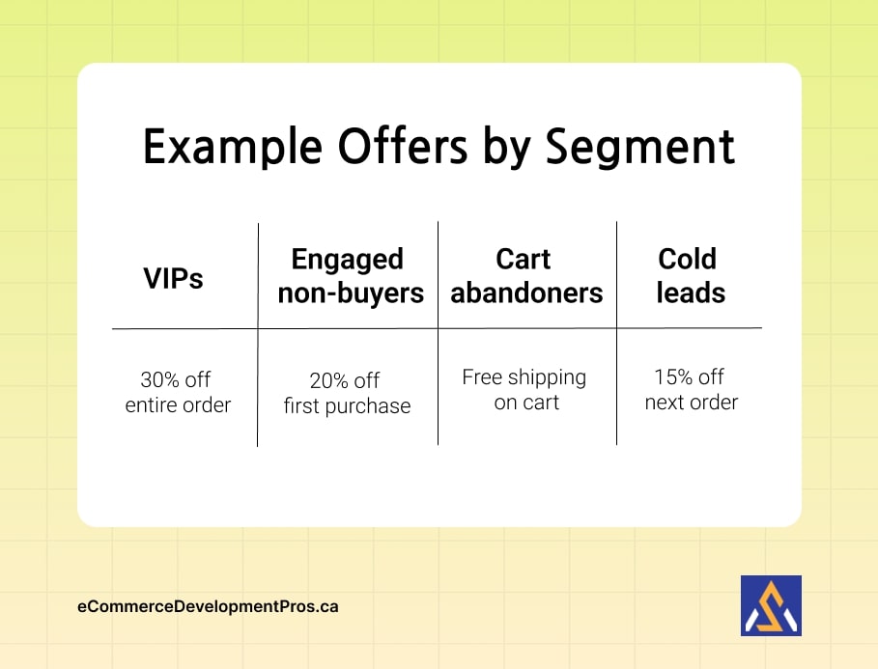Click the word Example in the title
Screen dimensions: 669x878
point(232,148)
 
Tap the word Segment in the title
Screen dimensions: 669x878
point(639,148)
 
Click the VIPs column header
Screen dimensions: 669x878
point(174,279)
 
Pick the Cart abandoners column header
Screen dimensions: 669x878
point(526,276)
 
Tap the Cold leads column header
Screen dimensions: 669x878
point(689,276)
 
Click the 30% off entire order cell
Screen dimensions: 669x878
point(178,392)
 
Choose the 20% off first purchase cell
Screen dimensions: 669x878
point(347,394)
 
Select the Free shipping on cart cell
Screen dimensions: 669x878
point(524,390)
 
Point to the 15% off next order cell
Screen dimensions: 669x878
point(691,390)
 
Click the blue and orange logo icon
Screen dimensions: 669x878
point(771,605)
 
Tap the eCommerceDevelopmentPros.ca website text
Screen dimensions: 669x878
point(208,606)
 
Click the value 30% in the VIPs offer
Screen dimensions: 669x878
point(161,379)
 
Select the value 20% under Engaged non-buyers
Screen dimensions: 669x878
point(329,381)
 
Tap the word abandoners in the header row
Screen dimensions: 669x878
point(526,293)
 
